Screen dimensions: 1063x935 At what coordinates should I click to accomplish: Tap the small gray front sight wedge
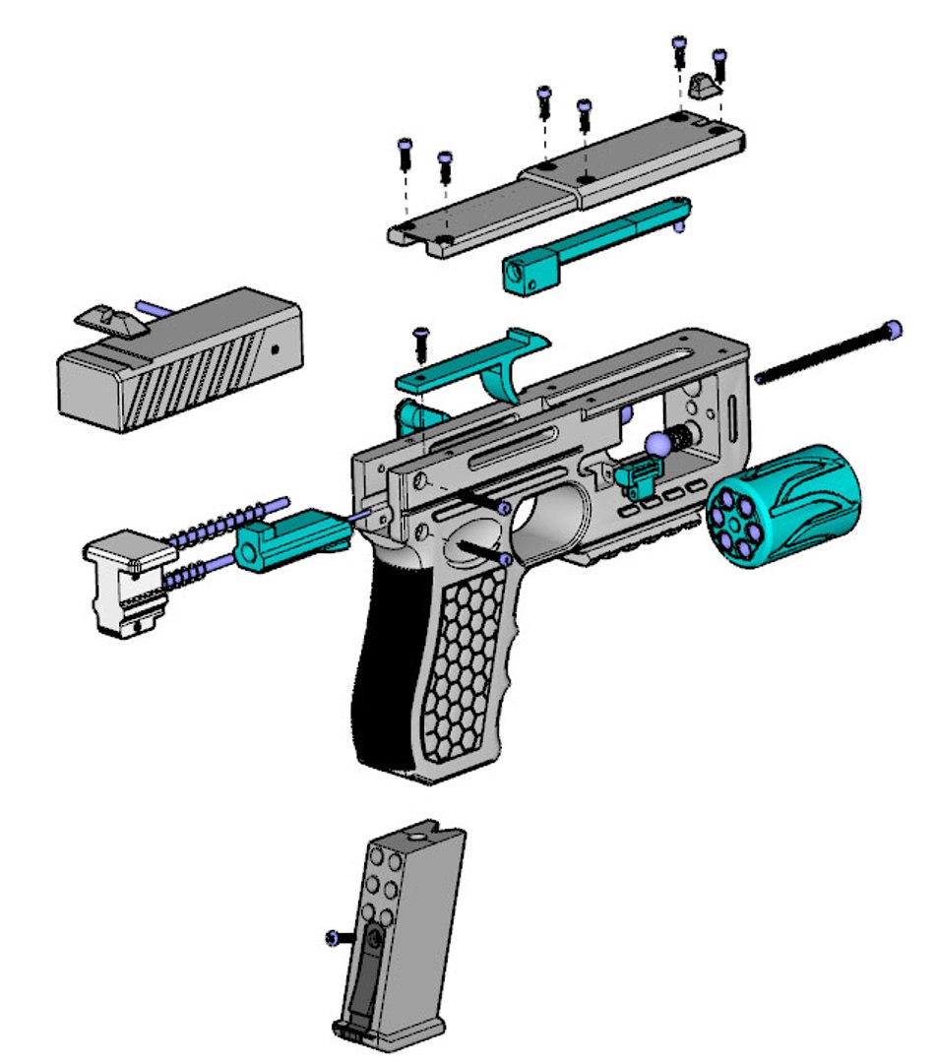(x=704, y=88)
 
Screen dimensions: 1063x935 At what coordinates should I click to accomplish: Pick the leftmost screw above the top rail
(x=404, y=152)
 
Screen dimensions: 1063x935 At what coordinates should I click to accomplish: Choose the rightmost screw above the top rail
(x=718, y=65)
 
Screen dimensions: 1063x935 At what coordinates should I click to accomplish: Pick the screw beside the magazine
(x=335, y=938)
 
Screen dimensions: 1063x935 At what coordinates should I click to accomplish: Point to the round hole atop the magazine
(x=416, y=840)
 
